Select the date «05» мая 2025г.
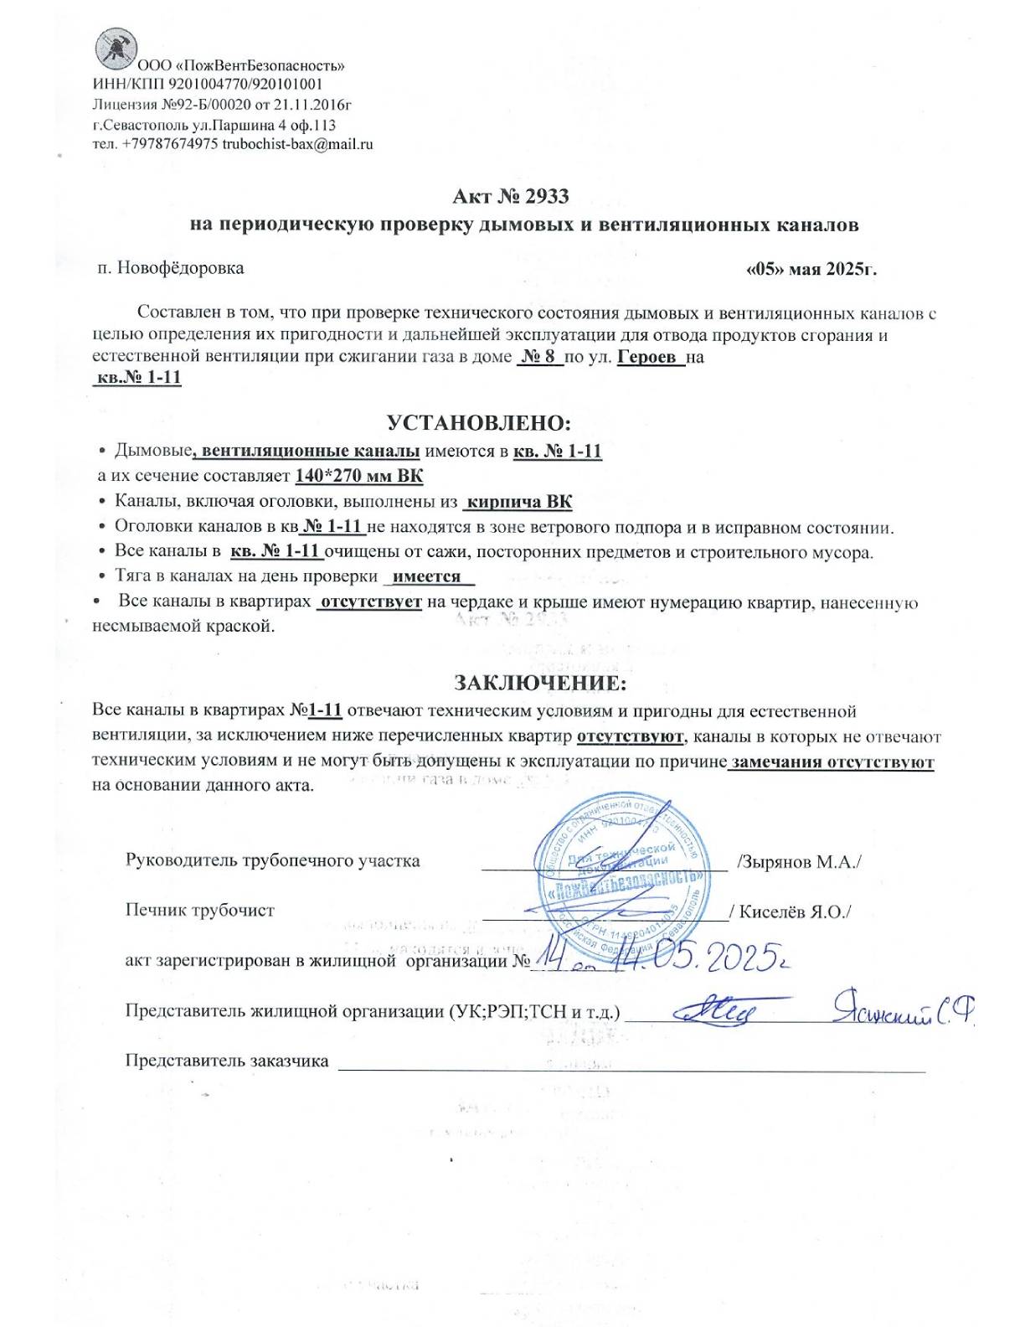(x=811, y=270)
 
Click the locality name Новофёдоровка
(x=181, y=268)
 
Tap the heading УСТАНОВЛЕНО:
(x=479, y=422)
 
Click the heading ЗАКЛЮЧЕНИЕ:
(x=539, y=683)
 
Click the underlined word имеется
(x=427, y=576)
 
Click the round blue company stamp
(x=619, y=880)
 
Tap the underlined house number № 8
(x=539, y=358)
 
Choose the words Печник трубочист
(x=199, y=911)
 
